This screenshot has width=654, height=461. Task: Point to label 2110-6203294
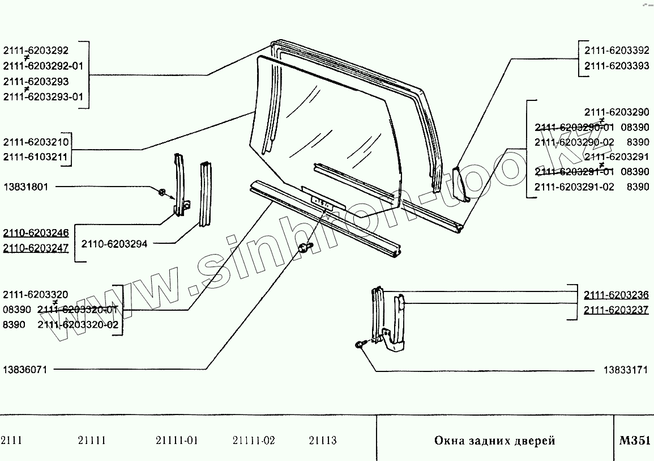pyautogui.click(x=114, y=244)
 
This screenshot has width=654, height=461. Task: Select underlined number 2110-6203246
pyautogui.click(x=36, y=232)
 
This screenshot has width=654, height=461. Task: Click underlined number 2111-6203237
pyautogui.click(x=617, y=310)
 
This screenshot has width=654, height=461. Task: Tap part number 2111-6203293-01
pyautogui.click(x=43, y=96)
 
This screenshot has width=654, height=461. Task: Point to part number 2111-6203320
pyautogui.click(x=36, y=294)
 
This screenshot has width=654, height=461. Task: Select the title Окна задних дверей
pyautogui.click(x=494, y=441)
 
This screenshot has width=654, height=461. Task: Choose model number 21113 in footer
pyautogui.click(x=323, y=441)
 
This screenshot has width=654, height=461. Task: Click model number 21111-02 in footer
pyautogui.click(x=254, y=441)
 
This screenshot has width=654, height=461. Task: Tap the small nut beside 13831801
pyautogui.click(x=163, y=192)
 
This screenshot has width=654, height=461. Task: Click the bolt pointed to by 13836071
pyautogui.click(x=305, y=247)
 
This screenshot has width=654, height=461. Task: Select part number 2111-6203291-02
pyautogui.click(x=574, y=187)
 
